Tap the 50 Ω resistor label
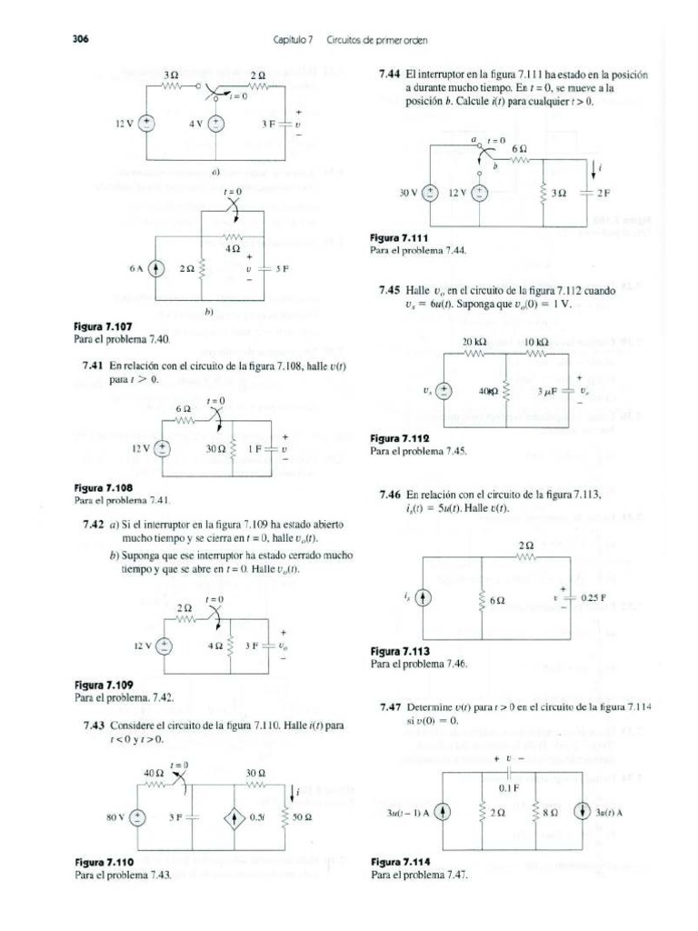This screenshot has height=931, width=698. pos(303,818)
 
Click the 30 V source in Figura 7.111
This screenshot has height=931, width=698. pos(434,194)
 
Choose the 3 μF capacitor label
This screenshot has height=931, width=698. pos(551,391)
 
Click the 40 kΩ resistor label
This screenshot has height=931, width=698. pos(489,391)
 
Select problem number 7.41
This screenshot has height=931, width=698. pos(94,364)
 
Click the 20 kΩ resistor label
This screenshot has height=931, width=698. pos(476,342)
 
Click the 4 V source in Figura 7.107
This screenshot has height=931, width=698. pos(216,125)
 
